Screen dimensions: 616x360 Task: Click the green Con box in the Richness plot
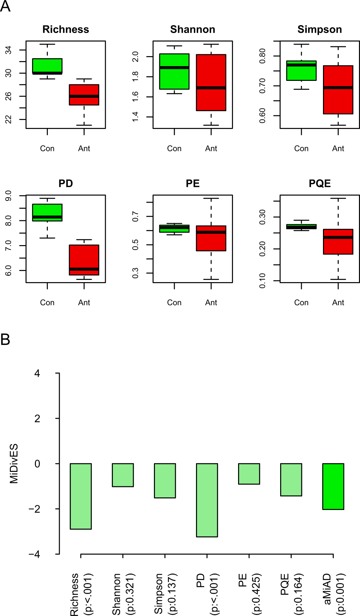[x=47, y=66]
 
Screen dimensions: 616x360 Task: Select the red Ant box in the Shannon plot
[x=211, y=82]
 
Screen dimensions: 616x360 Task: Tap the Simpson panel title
[x=319, y=29]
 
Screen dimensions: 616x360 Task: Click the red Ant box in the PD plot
[x=84, y=260]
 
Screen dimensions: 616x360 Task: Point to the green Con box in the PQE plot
[x=301, y=226]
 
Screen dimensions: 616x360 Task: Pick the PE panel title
[x=192, y=184]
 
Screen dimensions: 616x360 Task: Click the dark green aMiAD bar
[x=333, y=486]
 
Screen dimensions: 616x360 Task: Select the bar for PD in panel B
[x=207, y=500]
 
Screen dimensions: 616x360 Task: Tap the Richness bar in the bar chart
[x=81, y=496]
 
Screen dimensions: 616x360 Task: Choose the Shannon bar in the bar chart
[x=123, y=475]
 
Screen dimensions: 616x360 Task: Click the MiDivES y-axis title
[x=14, y=464]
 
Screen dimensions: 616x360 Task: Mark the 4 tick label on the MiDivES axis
[x=37, y=373]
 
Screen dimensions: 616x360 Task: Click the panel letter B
[x=5, y=339]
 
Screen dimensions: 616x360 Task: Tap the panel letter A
[x=5, y=6]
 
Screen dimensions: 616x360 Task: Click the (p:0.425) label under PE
[x=256, y=594]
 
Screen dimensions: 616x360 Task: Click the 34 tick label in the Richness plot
[x=8, y=50]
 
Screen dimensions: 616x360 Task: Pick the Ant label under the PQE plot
[x=338, y=303]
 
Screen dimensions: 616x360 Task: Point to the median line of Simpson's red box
[x=338, y=88]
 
